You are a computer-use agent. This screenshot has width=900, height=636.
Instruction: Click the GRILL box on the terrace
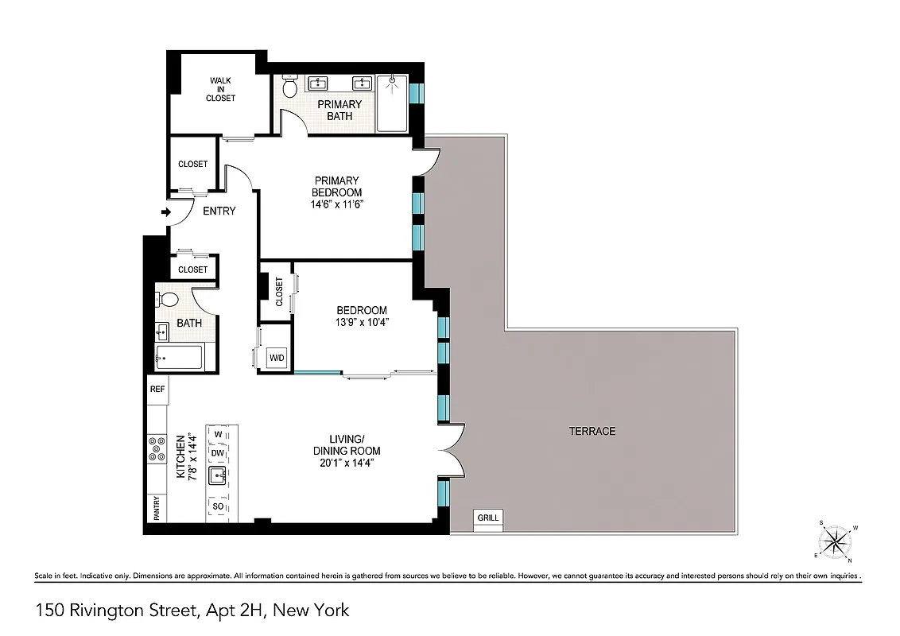point(488,518)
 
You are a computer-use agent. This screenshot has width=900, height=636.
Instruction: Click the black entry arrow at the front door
point(165,212)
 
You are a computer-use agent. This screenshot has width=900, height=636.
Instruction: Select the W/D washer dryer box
point(277,358)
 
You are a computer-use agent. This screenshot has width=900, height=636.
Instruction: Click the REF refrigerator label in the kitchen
point(157,390)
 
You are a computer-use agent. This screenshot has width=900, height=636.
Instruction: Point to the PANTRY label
point(157,509)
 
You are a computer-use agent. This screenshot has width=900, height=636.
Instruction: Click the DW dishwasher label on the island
point(218,453)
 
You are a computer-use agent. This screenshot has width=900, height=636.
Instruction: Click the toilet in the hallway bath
point(169,300)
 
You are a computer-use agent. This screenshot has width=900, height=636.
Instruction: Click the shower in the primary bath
point(391,103)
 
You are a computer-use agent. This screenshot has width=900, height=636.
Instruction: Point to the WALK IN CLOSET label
point(220,89)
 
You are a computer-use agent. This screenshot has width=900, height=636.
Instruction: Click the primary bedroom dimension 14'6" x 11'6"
point(337,204)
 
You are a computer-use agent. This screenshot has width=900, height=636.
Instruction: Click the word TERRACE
point(592,431)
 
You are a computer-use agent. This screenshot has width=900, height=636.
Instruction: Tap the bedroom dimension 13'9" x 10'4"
point(362,322)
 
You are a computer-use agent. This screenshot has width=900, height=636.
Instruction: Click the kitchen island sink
point(218,475)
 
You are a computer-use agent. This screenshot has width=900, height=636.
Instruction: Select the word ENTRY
point(219,211)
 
